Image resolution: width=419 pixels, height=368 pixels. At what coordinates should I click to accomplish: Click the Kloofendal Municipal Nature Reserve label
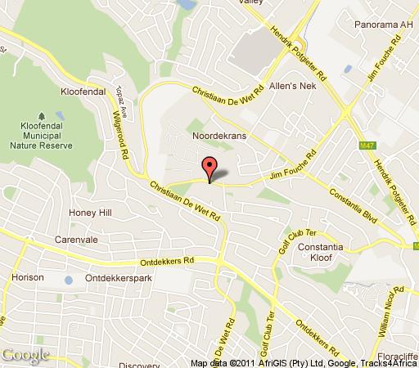coord(40,135)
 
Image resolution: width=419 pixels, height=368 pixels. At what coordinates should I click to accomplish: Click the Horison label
coord(28,277)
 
